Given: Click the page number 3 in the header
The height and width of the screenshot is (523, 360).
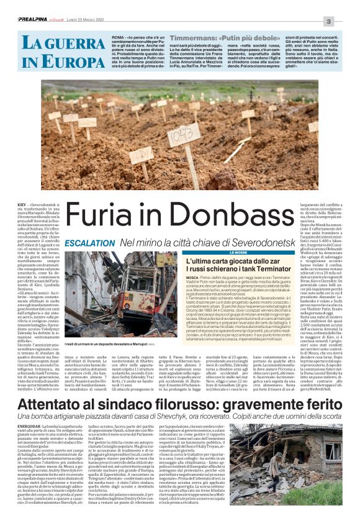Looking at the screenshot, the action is [346, 22].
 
